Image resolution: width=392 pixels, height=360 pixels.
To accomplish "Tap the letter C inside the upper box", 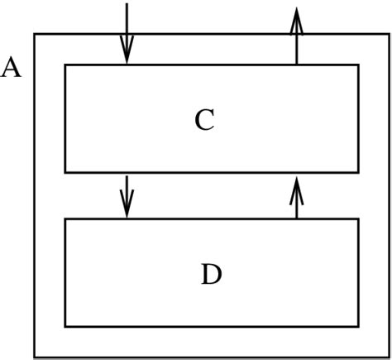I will tap(205, 121).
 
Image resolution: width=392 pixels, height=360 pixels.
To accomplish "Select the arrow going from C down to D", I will tap(127, 195).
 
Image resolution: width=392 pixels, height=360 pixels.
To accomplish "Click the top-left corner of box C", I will tap(65, 65).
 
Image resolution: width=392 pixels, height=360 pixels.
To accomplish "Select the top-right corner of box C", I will tap(358, 65).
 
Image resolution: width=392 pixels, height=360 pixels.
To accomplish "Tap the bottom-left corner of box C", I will tap(65, 172).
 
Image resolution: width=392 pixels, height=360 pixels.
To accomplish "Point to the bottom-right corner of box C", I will tap(358, 172).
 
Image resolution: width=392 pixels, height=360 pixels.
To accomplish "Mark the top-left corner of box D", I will tap(65, 219).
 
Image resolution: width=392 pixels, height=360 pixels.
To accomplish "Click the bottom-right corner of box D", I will tap(358, 326).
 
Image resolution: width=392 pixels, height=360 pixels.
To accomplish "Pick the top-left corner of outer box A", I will tap(34, 33).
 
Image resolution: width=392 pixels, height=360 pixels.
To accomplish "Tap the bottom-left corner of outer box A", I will tap(34, 357).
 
